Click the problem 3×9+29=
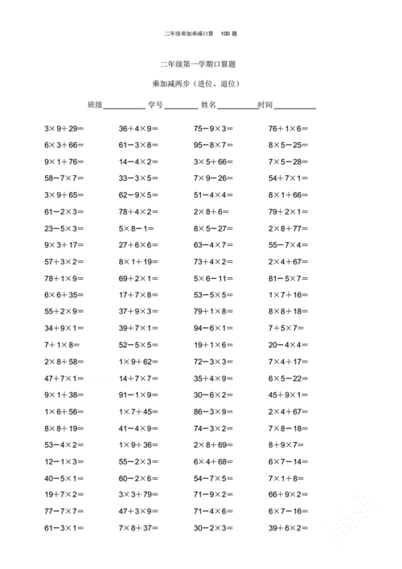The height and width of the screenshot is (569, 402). [64, 129]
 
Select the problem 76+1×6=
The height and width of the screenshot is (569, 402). [288, 129]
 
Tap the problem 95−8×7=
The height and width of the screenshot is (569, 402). [213, 145]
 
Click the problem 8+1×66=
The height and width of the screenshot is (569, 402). [288, 194]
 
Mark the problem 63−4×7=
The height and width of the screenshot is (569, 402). [213, 244]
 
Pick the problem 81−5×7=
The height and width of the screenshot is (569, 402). [288, 278]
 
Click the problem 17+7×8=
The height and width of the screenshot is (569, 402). [138, 295]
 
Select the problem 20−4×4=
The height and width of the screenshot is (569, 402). [288, 345]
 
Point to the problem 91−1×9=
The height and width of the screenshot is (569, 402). [138, 395]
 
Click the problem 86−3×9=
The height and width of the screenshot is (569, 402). [213, 411]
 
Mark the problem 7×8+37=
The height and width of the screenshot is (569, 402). [138, 528]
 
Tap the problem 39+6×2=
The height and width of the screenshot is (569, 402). [288, 528]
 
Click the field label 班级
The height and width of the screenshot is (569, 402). [95, 105]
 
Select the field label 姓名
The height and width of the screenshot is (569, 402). [208, 105]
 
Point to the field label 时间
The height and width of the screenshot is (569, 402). [265, 105]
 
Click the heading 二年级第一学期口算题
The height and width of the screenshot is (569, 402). [200, 64]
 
